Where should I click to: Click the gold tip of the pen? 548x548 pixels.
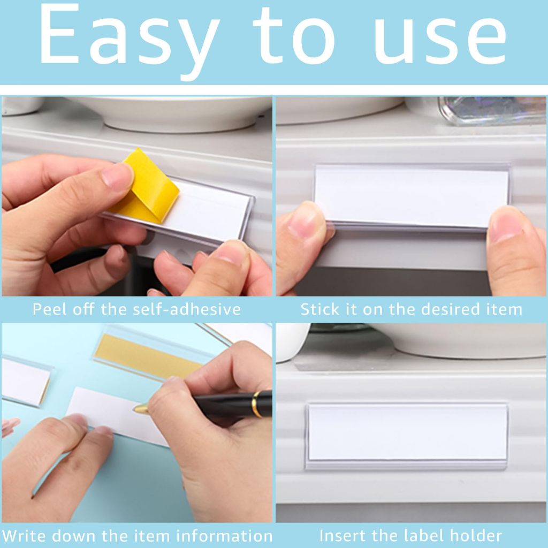(141, 408)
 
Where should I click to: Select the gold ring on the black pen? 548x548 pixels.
(257, 405)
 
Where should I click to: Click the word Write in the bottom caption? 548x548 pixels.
(24, 536)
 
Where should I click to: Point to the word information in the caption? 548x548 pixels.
(224, 536)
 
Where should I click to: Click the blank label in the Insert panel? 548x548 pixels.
(407, 432)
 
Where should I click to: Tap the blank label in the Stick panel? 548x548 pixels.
(412, 196)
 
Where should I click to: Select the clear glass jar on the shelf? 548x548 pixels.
(493, 110)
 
